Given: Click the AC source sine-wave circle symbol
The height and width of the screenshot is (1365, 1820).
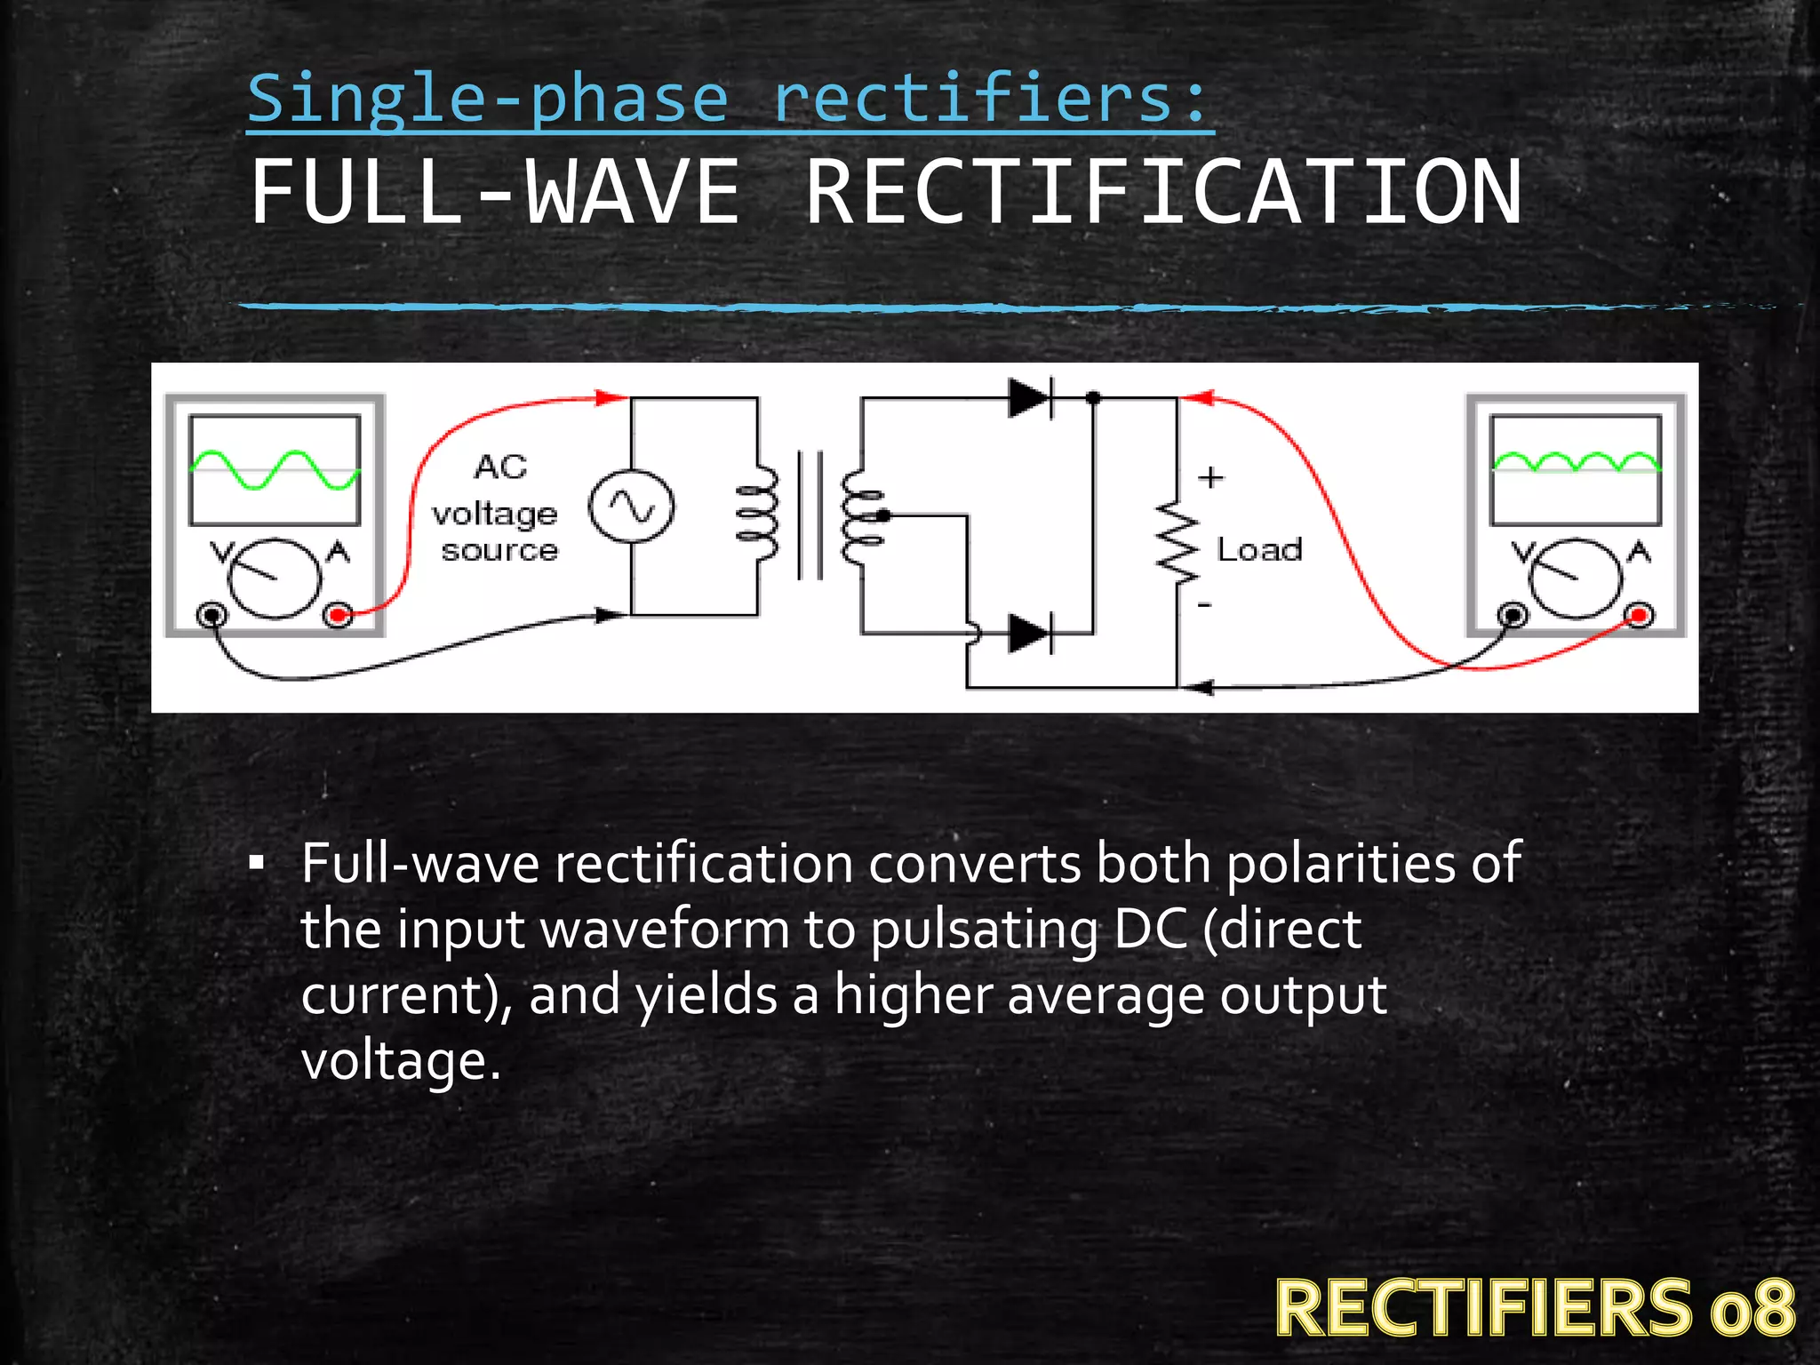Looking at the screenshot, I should [631, 507].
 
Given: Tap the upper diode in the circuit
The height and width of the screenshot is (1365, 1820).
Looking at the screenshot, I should [1030, 398].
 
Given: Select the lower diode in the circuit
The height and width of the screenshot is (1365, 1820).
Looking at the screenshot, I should [1030, 634].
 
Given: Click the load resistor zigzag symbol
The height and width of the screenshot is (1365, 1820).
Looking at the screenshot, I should [1177, 541].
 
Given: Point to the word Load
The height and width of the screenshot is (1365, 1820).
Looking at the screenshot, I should [1259, 550].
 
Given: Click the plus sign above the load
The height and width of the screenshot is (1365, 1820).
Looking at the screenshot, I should [1210, 477].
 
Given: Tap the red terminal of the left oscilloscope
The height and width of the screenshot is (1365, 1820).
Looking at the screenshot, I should [338, 614].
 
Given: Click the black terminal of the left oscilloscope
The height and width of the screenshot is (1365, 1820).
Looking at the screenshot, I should [212, 614].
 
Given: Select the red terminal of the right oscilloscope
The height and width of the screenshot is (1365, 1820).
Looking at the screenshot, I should [1640, 614].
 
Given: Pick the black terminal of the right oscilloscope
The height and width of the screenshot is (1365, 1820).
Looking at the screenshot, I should [1513, 614].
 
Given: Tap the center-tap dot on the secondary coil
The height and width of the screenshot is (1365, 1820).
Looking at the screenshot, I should [882, 515].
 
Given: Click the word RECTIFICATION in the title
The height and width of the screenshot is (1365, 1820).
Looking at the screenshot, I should [1163, 193].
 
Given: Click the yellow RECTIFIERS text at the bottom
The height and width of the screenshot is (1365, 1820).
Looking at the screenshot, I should [1483, 1307].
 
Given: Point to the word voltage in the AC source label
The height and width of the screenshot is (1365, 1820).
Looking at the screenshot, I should [495, 514].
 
